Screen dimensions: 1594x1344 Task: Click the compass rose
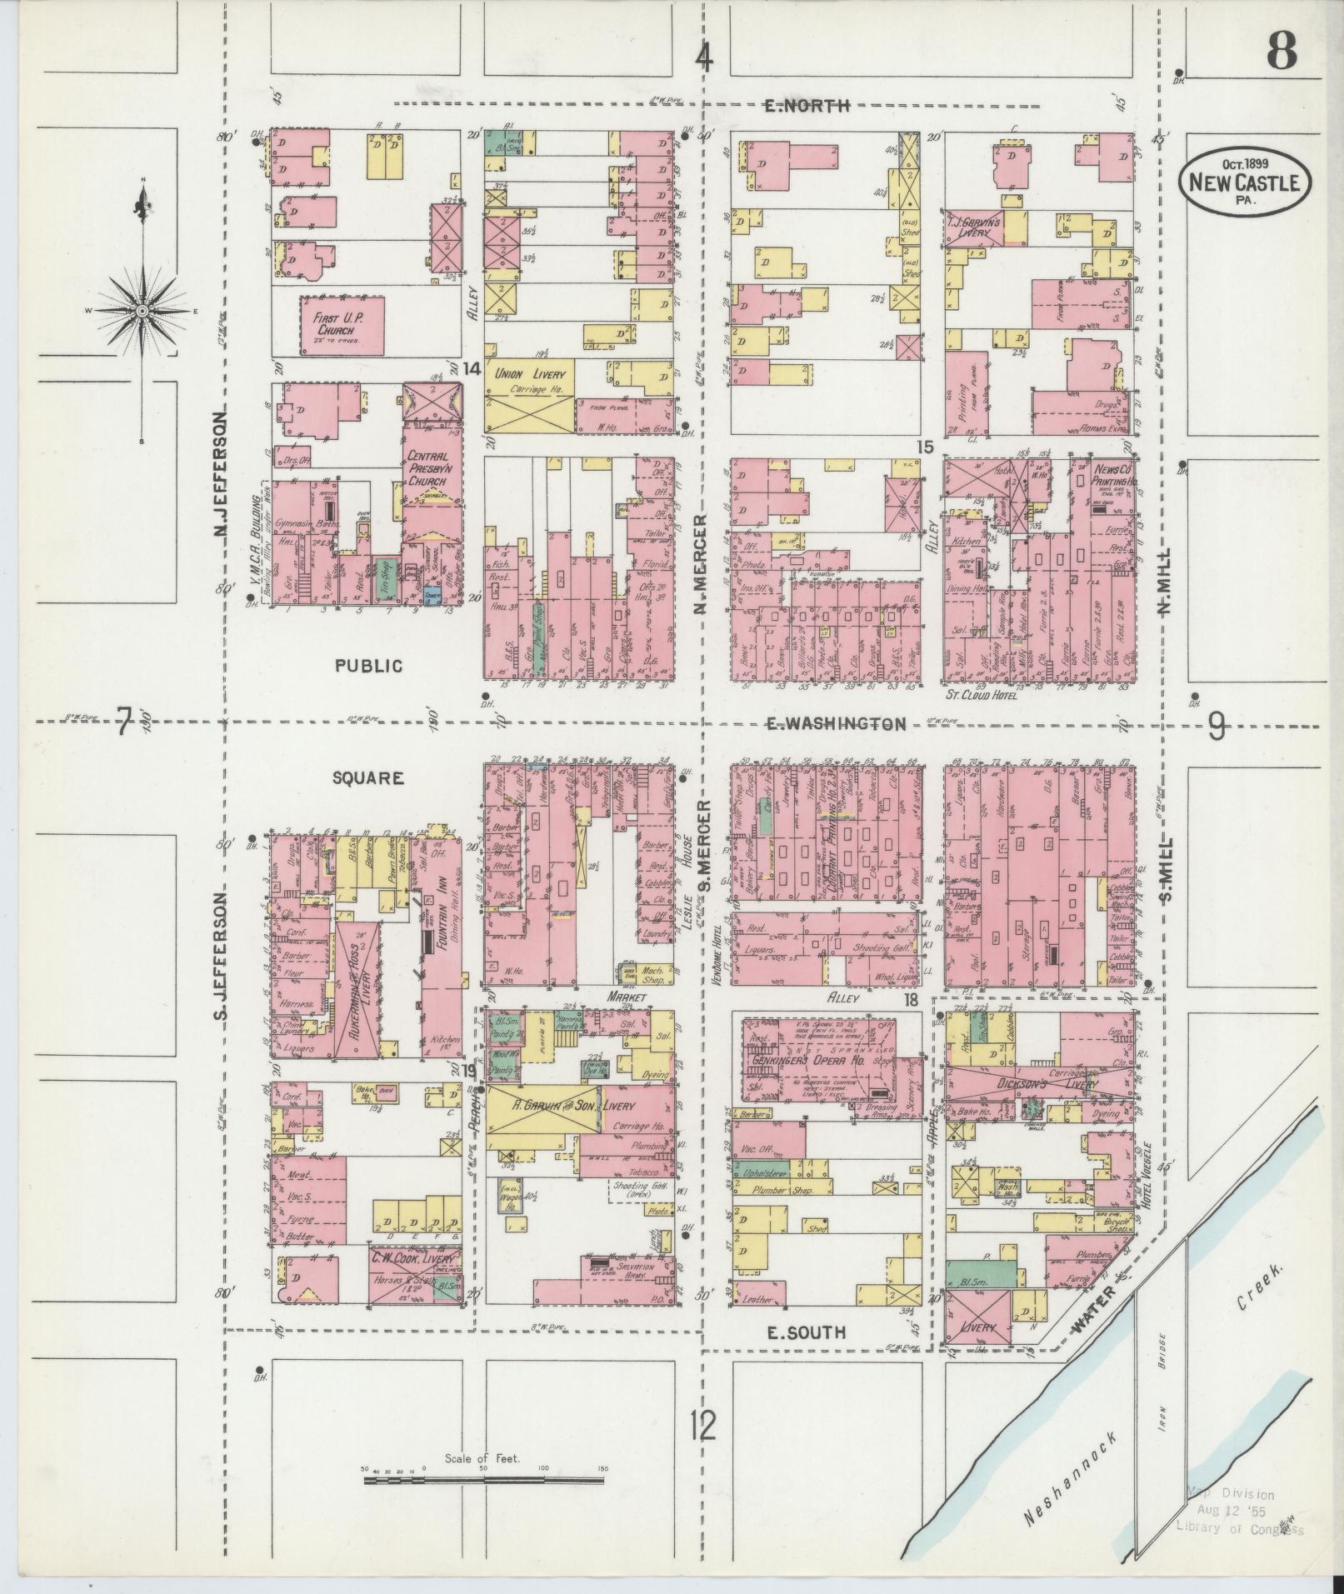[142, 310]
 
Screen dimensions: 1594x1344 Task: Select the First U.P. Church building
[342, 326]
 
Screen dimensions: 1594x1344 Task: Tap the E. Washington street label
[835, 723]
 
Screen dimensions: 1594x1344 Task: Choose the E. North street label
[807, 106]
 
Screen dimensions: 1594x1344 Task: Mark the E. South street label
[806, 1333]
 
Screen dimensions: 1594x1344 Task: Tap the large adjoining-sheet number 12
[702, 1427]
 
